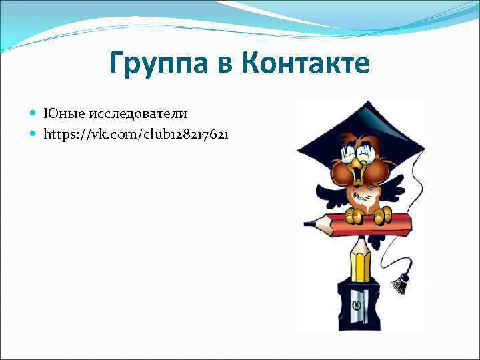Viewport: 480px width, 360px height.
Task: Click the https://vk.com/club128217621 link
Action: [x=136, y=133]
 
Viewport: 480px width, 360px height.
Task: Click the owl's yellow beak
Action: [x=360, y=175]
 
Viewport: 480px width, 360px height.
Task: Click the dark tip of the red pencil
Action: [x=309, y=223]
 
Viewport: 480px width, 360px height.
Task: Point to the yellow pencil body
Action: [x=361, y=263]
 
